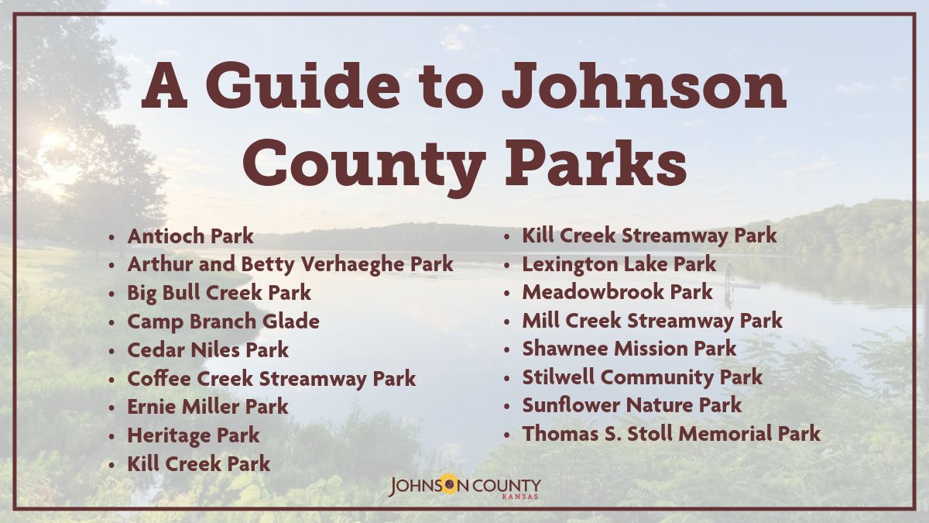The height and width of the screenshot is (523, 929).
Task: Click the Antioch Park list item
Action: click(190, 236)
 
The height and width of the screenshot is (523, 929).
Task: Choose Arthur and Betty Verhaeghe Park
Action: click(290, 264)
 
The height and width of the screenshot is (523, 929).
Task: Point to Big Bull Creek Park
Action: click(219, 293)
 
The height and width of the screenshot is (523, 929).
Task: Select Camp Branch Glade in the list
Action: click(223, 321)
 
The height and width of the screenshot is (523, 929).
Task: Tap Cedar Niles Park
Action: click(207, 349)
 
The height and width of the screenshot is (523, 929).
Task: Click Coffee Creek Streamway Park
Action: click(271, 378)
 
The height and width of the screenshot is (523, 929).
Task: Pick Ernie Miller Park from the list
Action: click(207, 406)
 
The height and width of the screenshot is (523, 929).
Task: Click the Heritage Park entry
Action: click(194, 435)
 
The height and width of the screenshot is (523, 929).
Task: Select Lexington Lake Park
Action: click(619, 264)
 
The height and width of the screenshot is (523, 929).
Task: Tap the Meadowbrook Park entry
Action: click(617, 292)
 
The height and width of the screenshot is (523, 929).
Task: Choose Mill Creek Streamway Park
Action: click(652, 320)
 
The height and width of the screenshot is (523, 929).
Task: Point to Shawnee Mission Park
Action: click(629, 349)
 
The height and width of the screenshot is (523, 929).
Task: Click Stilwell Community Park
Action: click(642, 377)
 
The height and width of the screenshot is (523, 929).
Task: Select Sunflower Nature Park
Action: click(632, 405)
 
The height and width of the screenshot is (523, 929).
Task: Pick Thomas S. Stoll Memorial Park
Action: click(670, 434)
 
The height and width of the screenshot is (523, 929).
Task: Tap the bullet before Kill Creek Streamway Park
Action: click(507, 236)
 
